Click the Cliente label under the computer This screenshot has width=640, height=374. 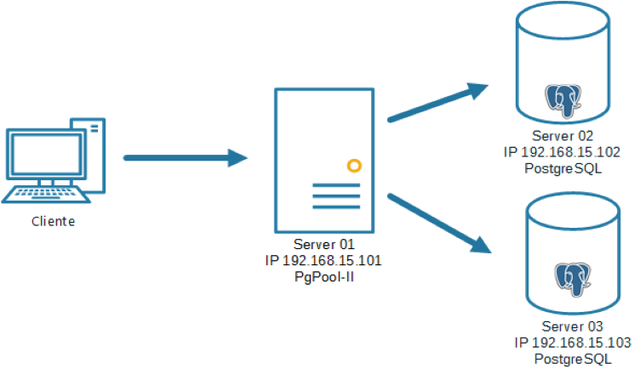coord(53,222)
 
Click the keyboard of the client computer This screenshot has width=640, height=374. coord(47,195)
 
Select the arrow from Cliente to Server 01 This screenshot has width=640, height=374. coord(184,157)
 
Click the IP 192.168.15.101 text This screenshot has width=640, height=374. coord(323,260)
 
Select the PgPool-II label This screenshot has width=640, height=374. coord(323,276)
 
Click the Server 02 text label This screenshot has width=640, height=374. coord(563,136)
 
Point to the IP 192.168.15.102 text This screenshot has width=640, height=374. coord(563,151)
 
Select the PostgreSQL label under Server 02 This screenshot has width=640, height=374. coord(563,167)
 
